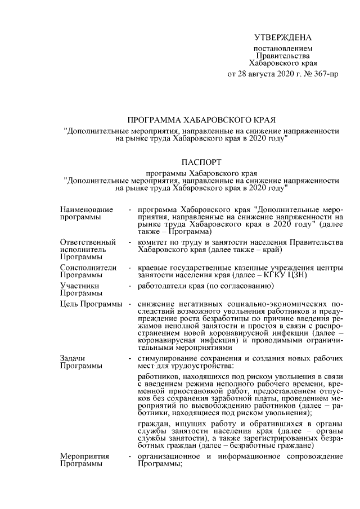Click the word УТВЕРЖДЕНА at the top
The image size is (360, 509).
[282, 38]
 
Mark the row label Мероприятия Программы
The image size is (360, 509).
[85, 461]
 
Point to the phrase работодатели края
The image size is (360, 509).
[169, 286]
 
